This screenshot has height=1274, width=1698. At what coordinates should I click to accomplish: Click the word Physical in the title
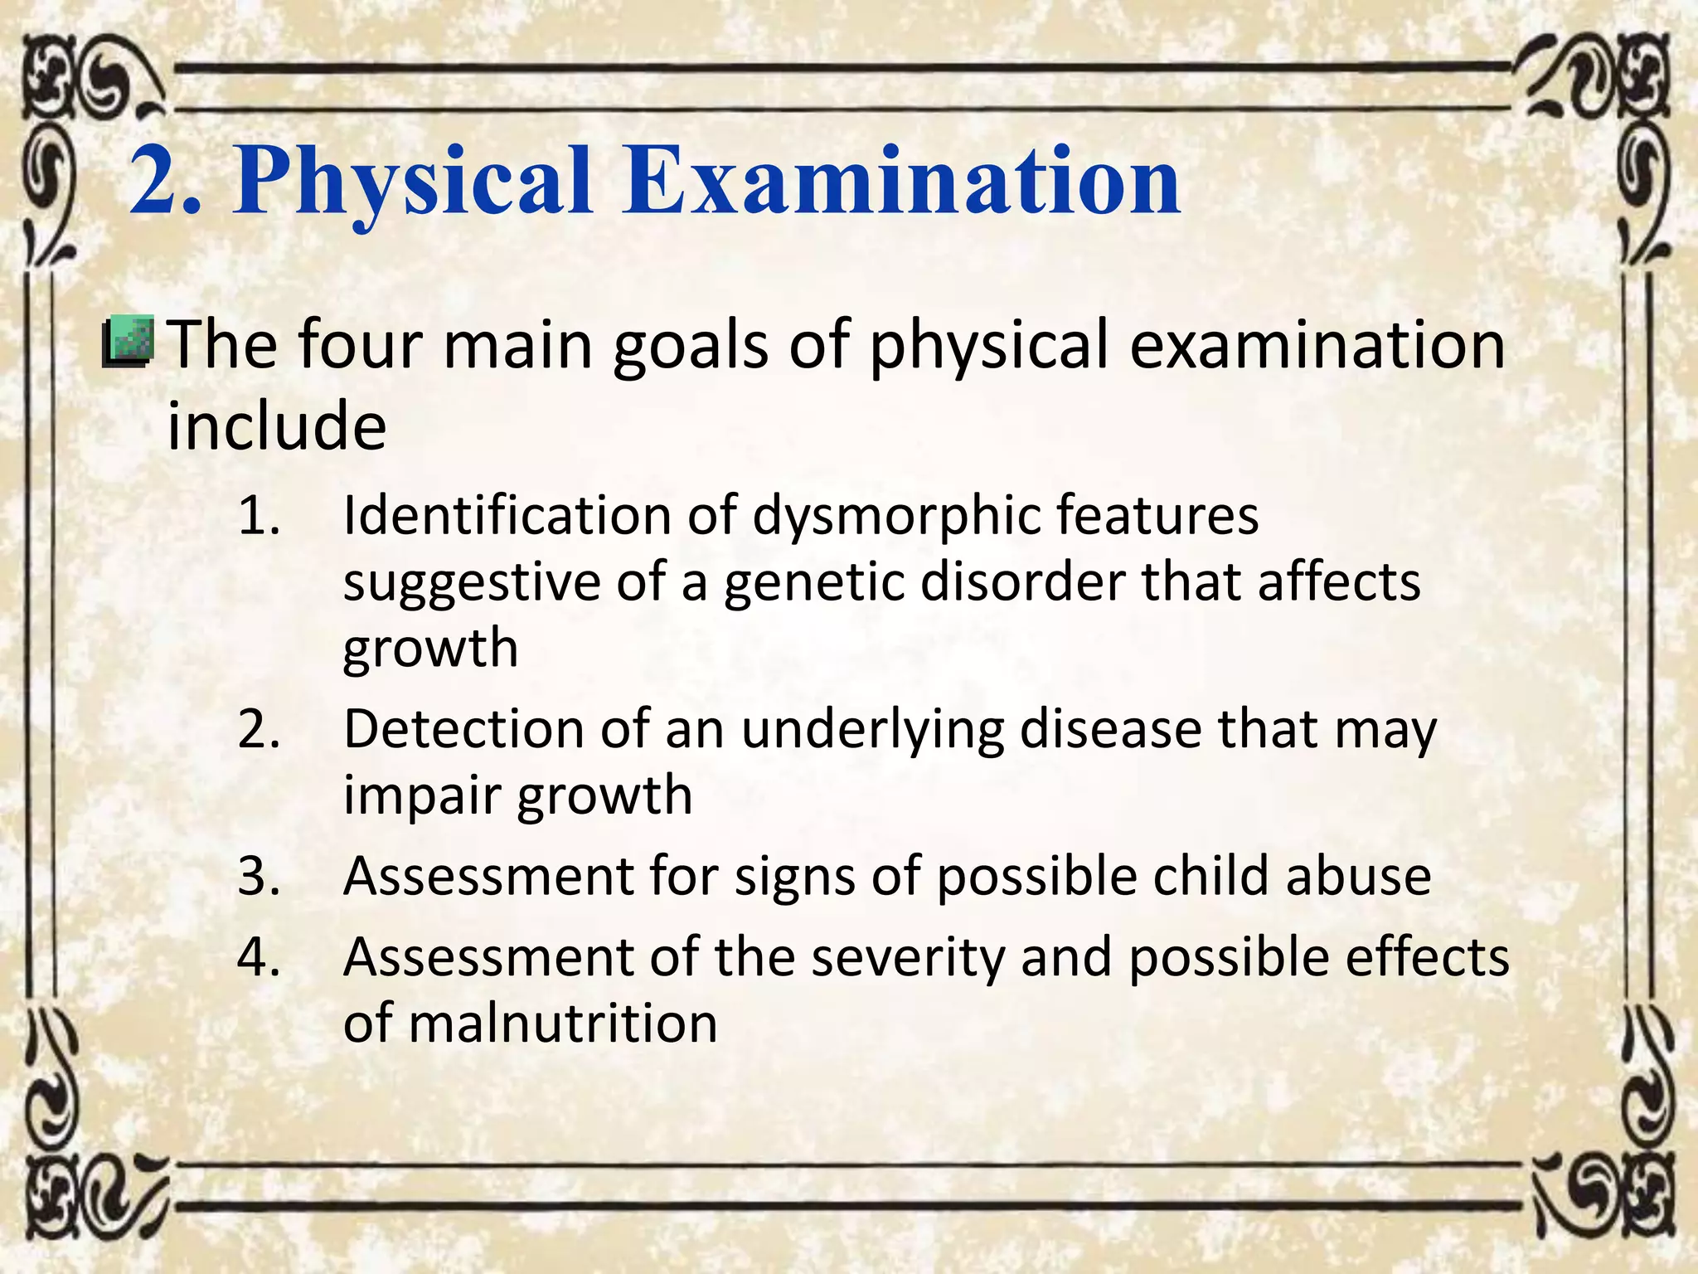coord(412,182)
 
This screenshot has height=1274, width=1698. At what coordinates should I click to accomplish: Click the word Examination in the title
coord(902,181)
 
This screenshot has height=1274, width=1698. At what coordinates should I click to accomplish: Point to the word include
coord(277,425)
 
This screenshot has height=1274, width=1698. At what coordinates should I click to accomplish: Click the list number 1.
coord(259,516)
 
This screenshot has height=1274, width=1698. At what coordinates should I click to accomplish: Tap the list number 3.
coord(259,876)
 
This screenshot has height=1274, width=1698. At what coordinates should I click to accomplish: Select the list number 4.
coord(259,957)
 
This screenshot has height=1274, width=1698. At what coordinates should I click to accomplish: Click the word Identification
coord(507,516)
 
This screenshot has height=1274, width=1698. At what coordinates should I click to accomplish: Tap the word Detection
coord(463,730)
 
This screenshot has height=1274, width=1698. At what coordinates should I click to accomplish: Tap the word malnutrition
coord(563,1024)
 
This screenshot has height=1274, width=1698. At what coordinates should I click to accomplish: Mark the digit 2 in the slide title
coord(158,181)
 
